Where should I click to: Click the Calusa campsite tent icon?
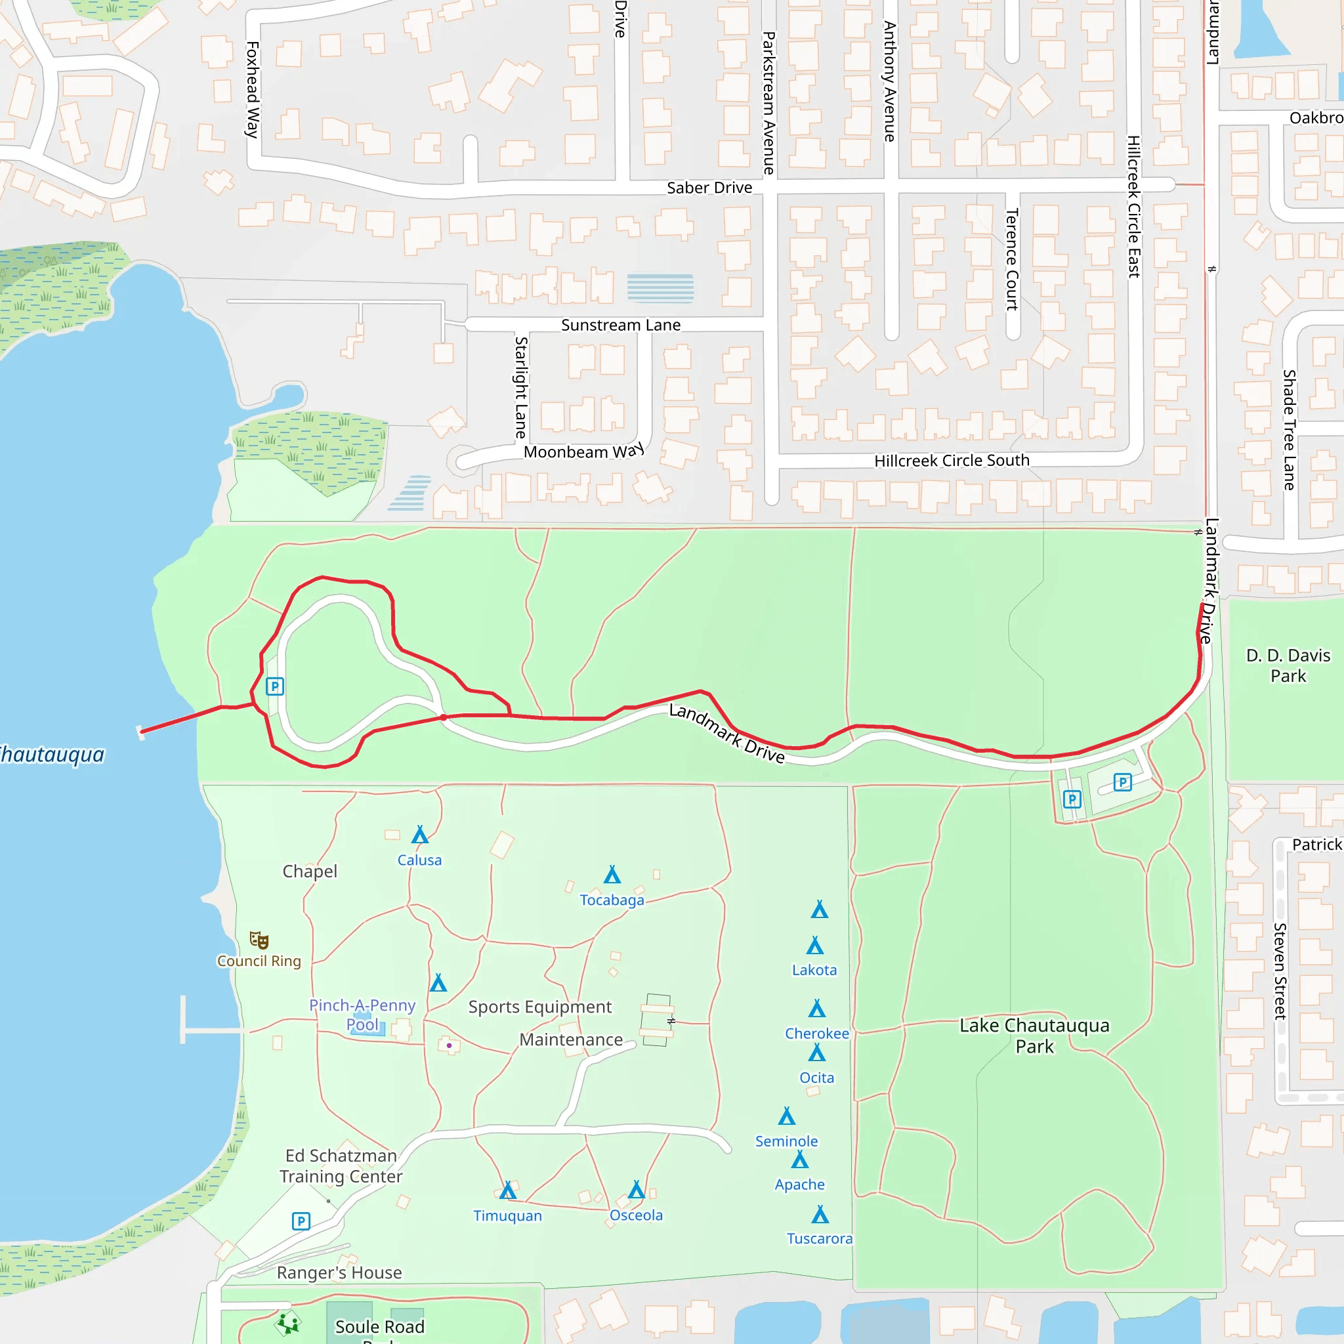pos(419,835)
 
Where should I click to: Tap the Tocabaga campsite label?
pos(612,900)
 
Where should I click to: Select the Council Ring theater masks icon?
pos(259,940)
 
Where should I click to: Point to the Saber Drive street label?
pos(709,188)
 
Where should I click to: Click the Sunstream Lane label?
pos(621,325)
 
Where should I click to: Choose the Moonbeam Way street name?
pos(583,451)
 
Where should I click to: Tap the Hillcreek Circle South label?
pos(952,461)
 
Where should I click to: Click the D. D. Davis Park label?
pos(1288,665)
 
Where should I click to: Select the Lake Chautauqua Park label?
pos(1034,1036)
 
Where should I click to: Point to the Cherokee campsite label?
pos(816,1034)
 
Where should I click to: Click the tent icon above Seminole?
pos(787,1116)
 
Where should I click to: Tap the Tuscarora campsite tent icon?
pos(820,1215)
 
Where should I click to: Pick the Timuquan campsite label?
pos(508,1216)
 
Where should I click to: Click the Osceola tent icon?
pos(637,1190)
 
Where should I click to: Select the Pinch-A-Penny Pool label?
pos(362,1015)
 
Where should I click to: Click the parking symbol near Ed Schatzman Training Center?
pos(301,1221)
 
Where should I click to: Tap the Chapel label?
pos(310,871)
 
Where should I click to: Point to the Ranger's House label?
pos(339,1273)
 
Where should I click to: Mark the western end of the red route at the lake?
pos(142,731)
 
